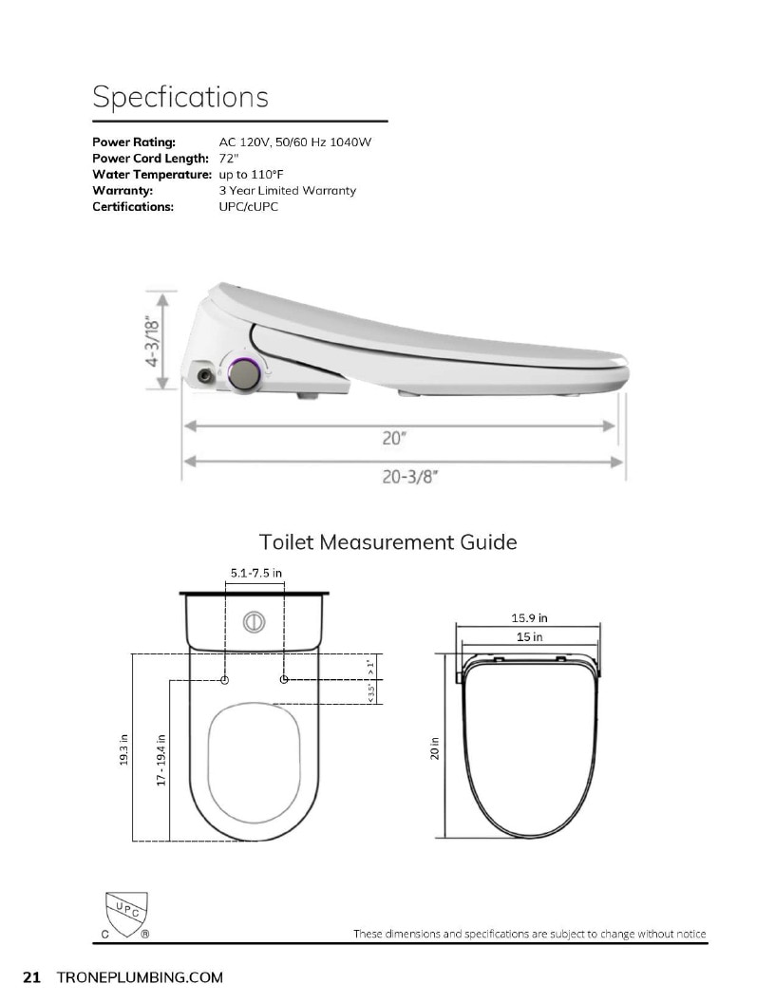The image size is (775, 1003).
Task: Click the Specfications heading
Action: click(x=180, y=97)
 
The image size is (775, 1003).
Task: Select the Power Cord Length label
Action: click(x=150, y=158)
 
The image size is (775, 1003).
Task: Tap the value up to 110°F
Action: click(x=251, y=175)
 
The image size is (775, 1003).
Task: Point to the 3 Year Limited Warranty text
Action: click(x=287, y=191)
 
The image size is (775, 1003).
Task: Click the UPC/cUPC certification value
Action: click(x=248, y=207)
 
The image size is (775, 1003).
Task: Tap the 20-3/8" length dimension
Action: click(x=410, y=477)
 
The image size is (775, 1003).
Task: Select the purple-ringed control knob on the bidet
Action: click(x=244, y=373)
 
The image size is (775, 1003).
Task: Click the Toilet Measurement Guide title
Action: click(x=387, y=541)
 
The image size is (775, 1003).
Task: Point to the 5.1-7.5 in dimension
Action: click(x=255, y=573)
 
